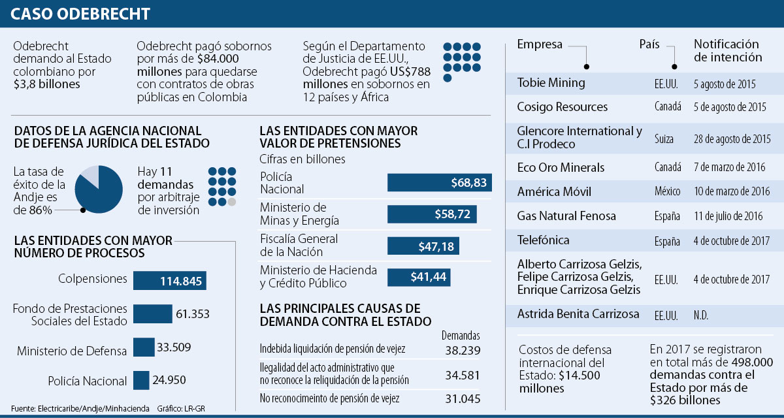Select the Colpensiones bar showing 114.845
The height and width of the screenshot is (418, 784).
(170, 281)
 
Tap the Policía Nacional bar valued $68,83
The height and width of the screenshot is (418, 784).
(439, 182)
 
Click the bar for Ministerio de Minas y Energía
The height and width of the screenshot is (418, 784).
(432, 214)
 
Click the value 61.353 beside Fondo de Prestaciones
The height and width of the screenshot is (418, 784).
(192, 314)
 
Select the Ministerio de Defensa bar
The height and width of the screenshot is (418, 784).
(144, 347)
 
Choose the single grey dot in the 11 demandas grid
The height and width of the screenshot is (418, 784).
(232, 202)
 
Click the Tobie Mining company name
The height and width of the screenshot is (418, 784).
(551, 83)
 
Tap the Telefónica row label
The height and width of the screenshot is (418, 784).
(543, 240)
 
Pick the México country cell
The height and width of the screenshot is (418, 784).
(667, 192)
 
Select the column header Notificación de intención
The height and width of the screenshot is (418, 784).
(727, 50)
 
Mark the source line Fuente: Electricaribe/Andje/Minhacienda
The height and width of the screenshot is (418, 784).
(80, 408)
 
